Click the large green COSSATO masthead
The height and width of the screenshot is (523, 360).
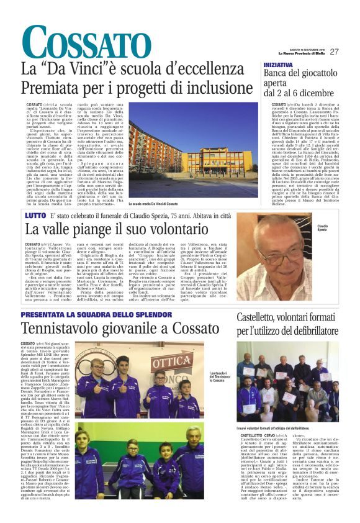pos(77,44)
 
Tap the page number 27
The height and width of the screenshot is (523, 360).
pos(334,52)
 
